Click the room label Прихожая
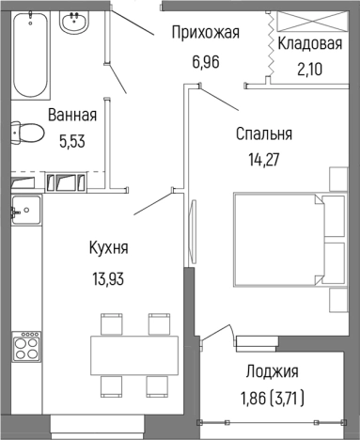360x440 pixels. click(205, 34)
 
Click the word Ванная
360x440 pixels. click(72, 117)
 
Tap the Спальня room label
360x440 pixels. click(264, 134)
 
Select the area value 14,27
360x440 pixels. click(264, 157)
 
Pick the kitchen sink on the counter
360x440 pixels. click(25, 208)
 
